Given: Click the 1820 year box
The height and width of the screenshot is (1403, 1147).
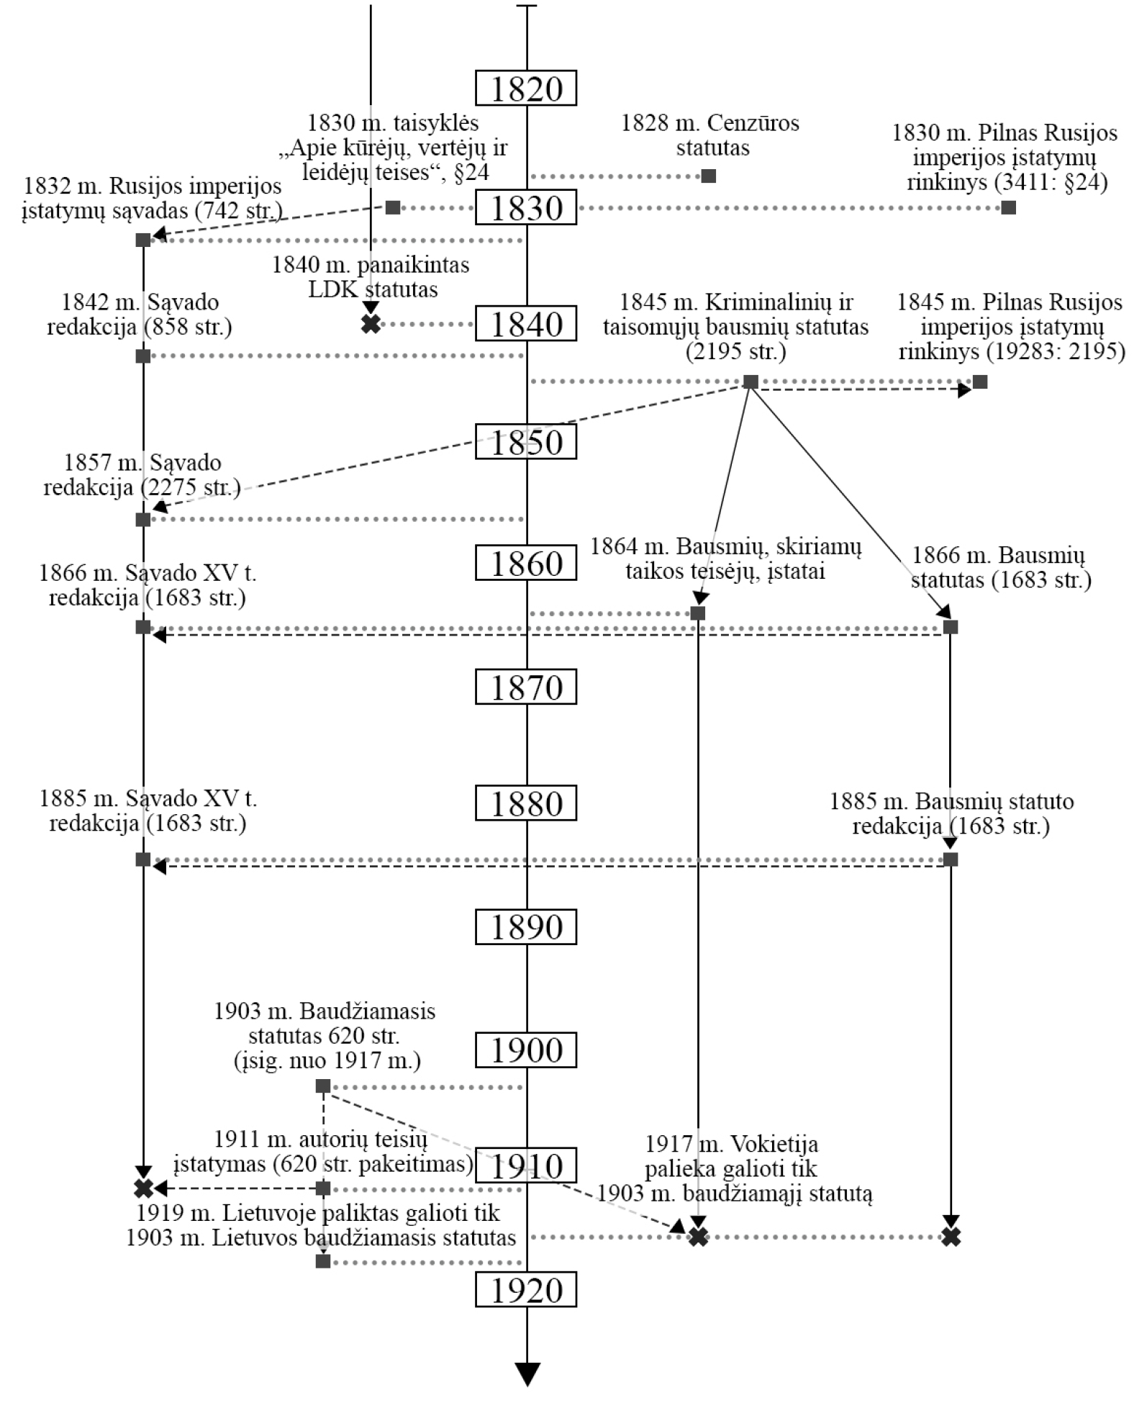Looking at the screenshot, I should [526, 89].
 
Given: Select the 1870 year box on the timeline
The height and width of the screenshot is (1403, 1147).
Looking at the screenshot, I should [526, 687].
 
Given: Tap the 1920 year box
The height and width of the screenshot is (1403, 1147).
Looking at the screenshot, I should [526, 1290].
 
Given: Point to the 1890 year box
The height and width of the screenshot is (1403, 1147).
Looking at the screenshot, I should [526, 926].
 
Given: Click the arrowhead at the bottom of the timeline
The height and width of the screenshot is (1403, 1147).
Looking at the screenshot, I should [527, 1373].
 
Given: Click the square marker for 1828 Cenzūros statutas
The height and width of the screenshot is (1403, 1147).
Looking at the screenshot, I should [709, 176].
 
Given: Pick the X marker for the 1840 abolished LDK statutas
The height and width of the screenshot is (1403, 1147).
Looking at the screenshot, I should [371, 324].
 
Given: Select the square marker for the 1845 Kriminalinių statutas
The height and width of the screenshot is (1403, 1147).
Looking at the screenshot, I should [751, 382].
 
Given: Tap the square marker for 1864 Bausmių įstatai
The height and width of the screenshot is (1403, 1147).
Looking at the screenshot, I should [697, 613].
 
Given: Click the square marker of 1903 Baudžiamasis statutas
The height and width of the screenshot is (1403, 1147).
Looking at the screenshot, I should [323, 1086].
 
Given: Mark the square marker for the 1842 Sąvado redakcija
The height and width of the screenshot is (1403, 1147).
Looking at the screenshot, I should [143, 356].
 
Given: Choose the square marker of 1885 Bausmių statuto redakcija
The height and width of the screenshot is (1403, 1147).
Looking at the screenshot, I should [951, 860].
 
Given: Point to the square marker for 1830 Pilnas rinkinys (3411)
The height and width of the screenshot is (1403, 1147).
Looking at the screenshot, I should [1009, 207].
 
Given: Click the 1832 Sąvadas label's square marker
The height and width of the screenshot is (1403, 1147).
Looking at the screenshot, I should [143, 240].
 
